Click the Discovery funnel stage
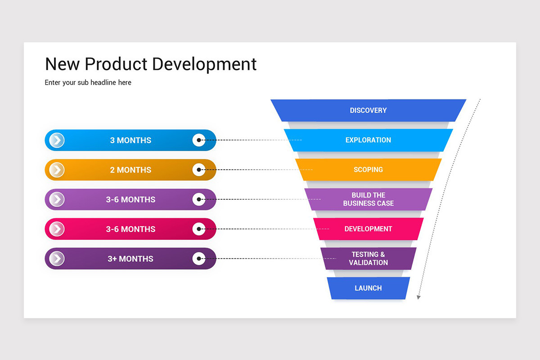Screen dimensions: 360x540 point(368,110)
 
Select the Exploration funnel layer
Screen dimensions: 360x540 point(368,140)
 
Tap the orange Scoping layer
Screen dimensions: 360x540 point(368,170)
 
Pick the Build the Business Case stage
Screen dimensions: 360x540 point(368,199)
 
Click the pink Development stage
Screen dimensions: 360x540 point(368,229)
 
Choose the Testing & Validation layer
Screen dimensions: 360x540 point(368,259)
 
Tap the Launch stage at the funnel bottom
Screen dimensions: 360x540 point(368,288)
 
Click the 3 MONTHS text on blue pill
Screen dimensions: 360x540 point(130,140)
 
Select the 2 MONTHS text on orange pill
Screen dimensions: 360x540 point(130,170)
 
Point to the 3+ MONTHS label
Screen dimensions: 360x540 point(130,259)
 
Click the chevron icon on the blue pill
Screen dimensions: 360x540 point(57,140)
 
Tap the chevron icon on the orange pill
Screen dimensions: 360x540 point(57,170)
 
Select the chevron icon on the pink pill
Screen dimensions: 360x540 point(57,229)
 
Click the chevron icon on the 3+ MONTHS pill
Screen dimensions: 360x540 point(57,259)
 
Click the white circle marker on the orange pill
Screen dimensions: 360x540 point(199,170)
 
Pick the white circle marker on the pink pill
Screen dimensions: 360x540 point(199,229)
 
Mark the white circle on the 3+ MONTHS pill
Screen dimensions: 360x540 point(199,259)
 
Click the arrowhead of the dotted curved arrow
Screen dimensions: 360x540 point(418,297)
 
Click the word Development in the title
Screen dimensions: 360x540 point(204,64)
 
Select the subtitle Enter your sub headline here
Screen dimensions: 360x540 point(88,83)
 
